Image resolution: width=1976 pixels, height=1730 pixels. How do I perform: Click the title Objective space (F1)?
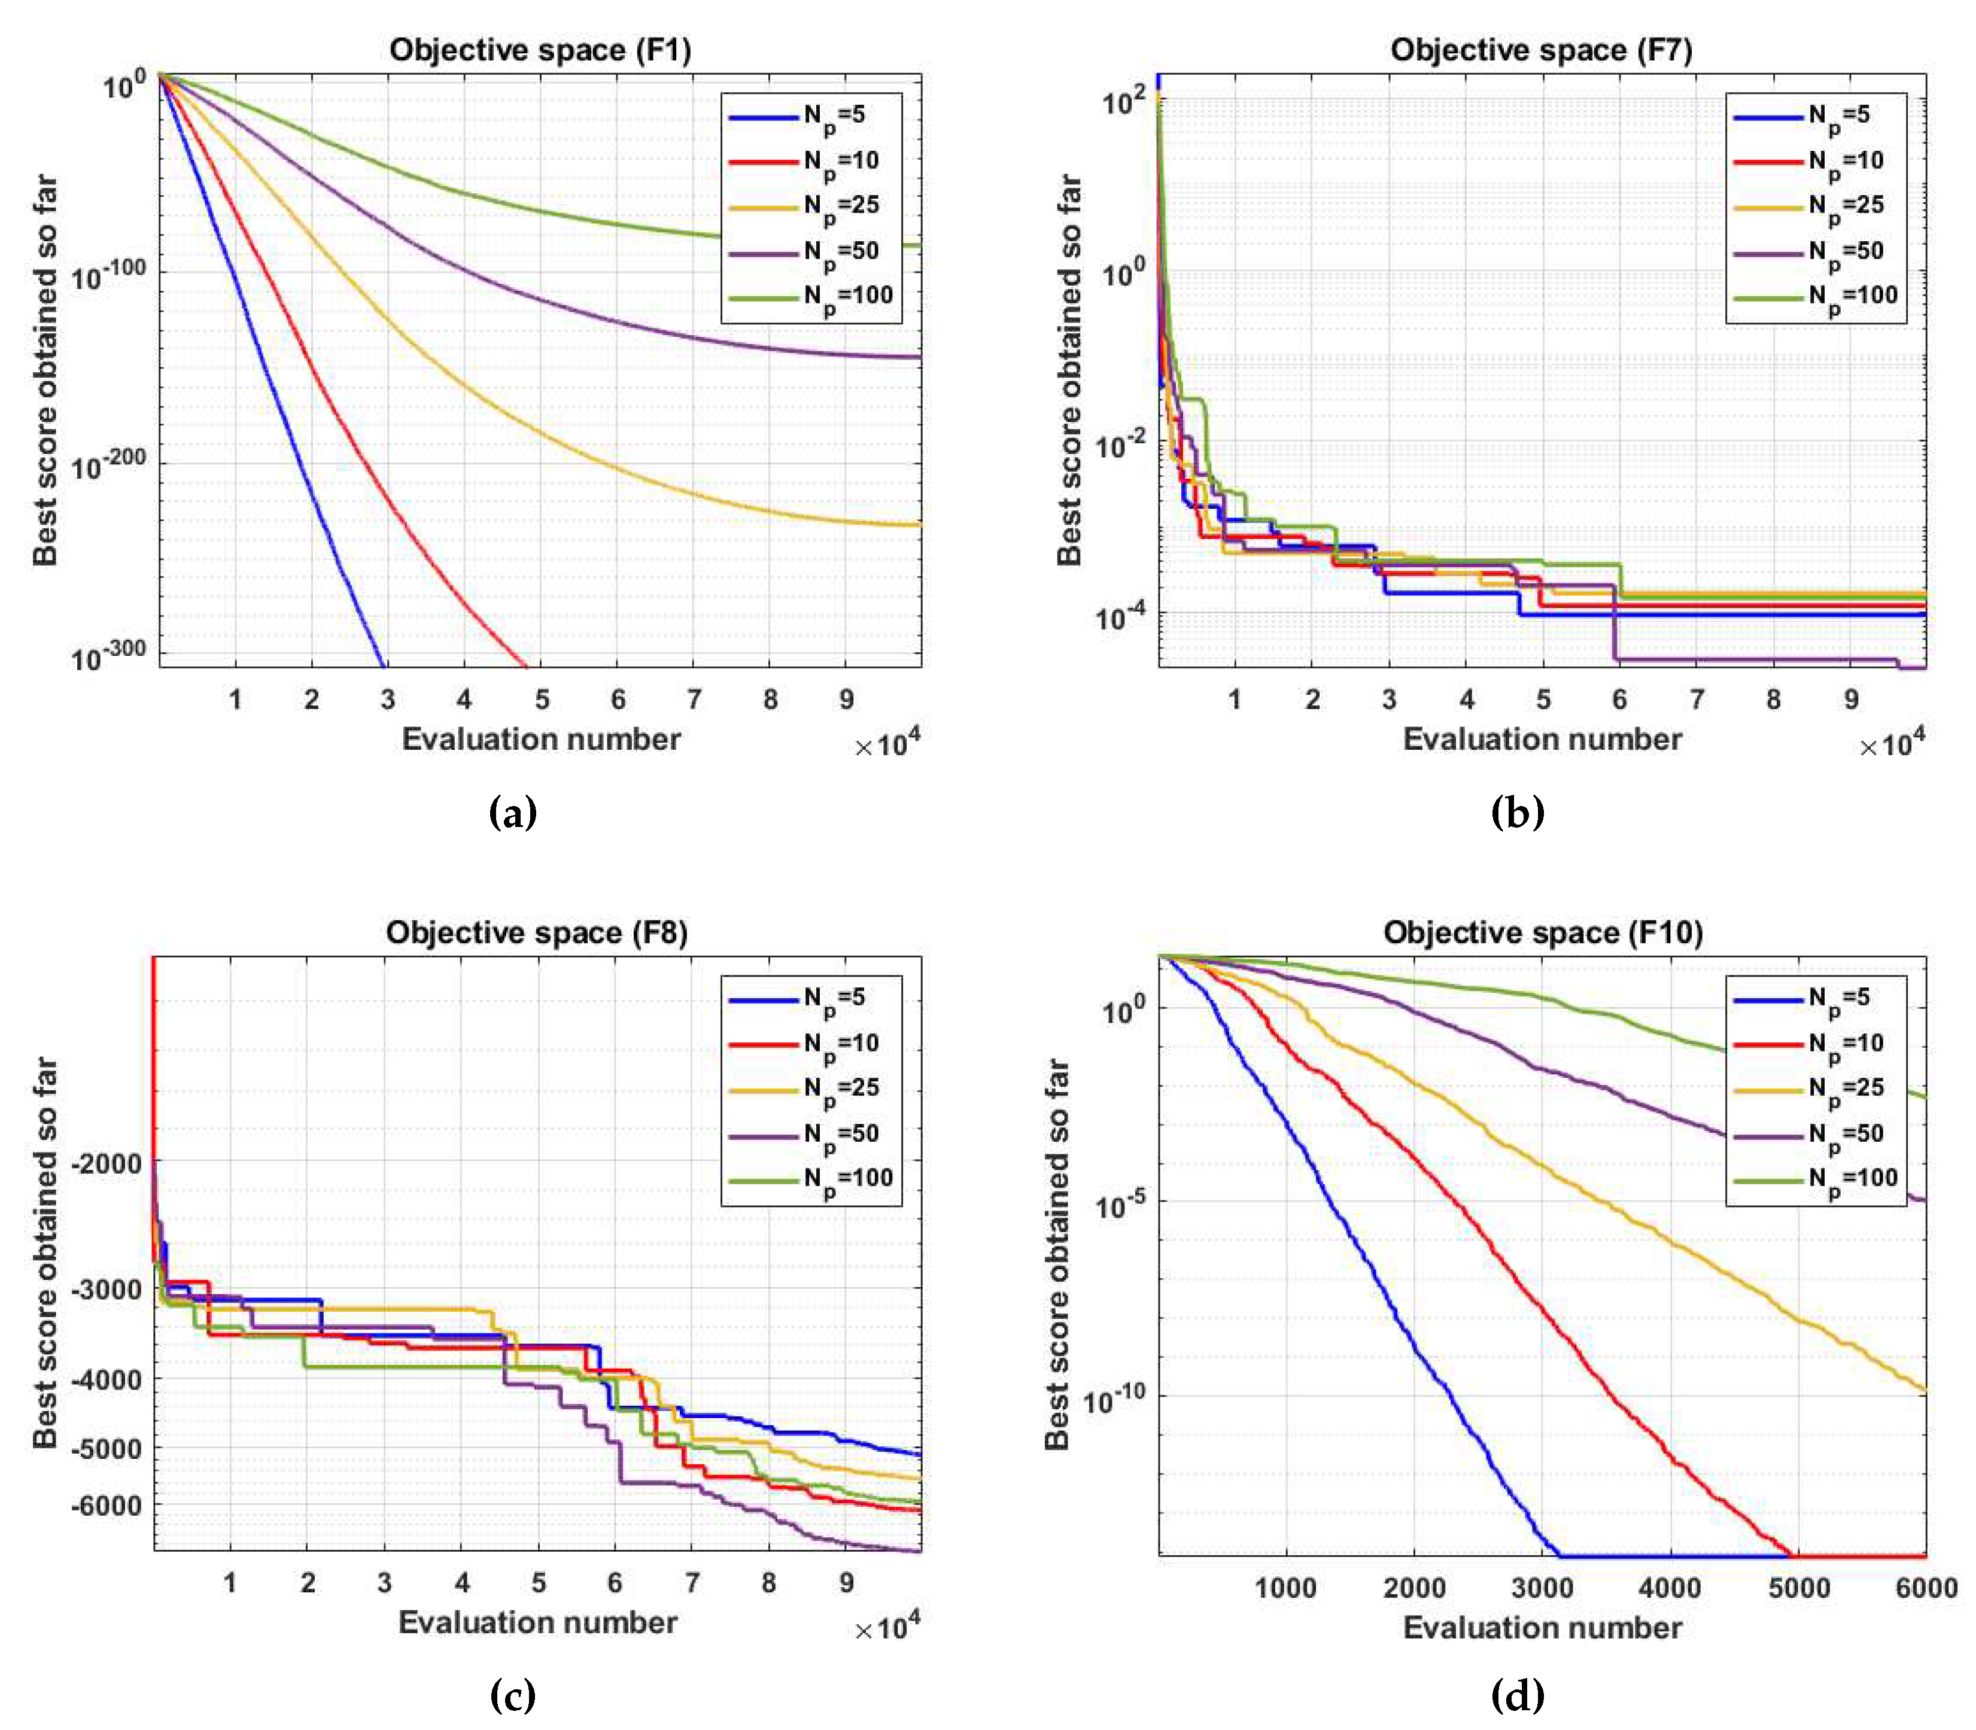[x=540, y=50]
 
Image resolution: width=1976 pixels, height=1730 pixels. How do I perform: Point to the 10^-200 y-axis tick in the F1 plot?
[x=108, y=463]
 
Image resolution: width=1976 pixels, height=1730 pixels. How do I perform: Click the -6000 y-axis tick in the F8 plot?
[x=106, y=1505]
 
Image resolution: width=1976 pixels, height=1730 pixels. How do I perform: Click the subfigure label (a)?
[x=513, y=812]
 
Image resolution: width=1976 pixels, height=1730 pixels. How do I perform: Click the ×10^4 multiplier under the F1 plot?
[x=887, y=743]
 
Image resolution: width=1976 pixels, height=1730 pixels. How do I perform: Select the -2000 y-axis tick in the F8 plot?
[x=106, y=1165]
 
